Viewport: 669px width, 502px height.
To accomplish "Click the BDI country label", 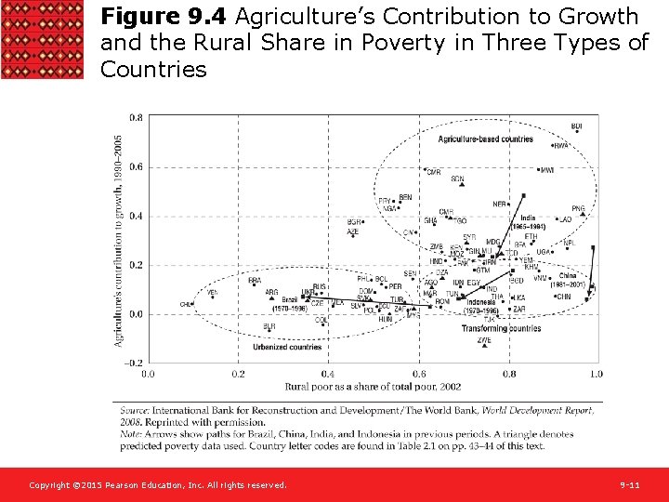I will [x=577, y=126].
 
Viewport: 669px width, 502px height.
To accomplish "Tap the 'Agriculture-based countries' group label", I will [x=485, y=139].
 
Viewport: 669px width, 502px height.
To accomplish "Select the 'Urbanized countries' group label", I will [x=287, y=347].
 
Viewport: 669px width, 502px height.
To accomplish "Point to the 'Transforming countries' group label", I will [x=502, y=328].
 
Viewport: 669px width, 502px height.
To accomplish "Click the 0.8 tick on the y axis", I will [x=136, y=118].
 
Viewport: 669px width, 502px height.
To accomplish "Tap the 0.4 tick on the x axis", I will [x=328, y=374].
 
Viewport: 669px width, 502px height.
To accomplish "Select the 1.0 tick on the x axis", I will [x=596, y=374].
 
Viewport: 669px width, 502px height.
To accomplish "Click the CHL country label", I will [x=186, y=304].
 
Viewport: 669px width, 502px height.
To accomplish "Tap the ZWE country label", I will [x=484, y=340].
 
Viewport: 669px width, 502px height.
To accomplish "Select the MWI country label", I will [x=547, y=170].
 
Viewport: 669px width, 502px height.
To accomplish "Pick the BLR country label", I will [x=269, y=326].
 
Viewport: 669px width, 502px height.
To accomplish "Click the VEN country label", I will [x=212, y=293].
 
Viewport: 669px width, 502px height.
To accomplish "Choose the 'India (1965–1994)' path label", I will [x=527, y=223].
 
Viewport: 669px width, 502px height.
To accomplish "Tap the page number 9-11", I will [x=630, y=485].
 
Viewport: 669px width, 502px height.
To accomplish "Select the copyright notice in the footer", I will [x=158, y=485].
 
